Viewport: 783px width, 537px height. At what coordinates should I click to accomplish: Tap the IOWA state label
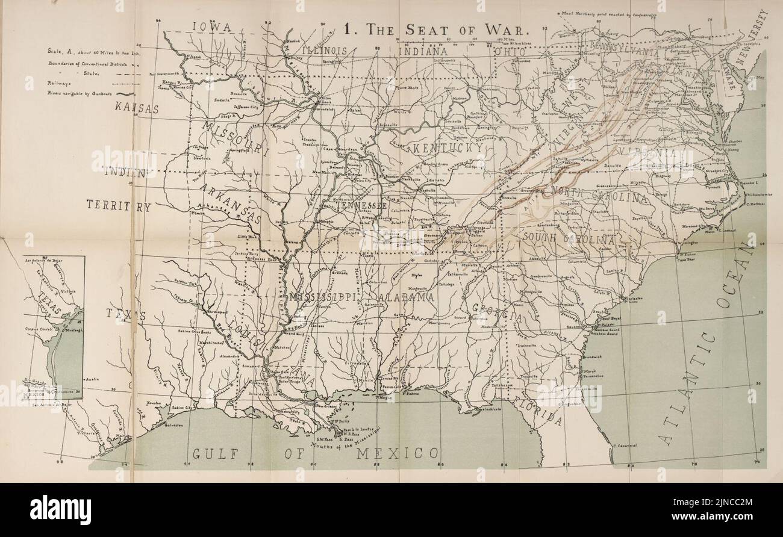click(213, 26)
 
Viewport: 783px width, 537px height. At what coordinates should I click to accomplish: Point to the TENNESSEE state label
click(361, 206)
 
